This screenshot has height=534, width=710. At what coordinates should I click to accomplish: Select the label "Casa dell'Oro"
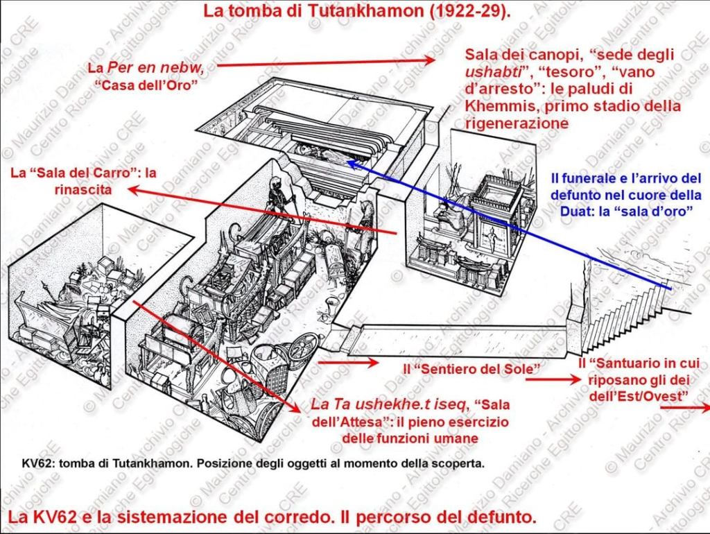[x=146, y=85]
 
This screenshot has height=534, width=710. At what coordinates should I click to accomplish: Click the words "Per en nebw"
[x=156, y=68]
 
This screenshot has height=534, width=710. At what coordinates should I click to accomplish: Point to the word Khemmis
[x=501, y=106]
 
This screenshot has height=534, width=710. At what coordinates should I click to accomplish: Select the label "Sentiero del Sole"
[x=471, y=369]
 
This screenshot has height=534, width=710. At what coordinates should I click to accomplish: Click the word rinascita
[x=83, y=189]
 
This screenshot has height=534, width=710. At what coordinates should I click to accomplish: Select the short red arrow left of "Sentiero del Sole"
[x=348, y=362]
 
